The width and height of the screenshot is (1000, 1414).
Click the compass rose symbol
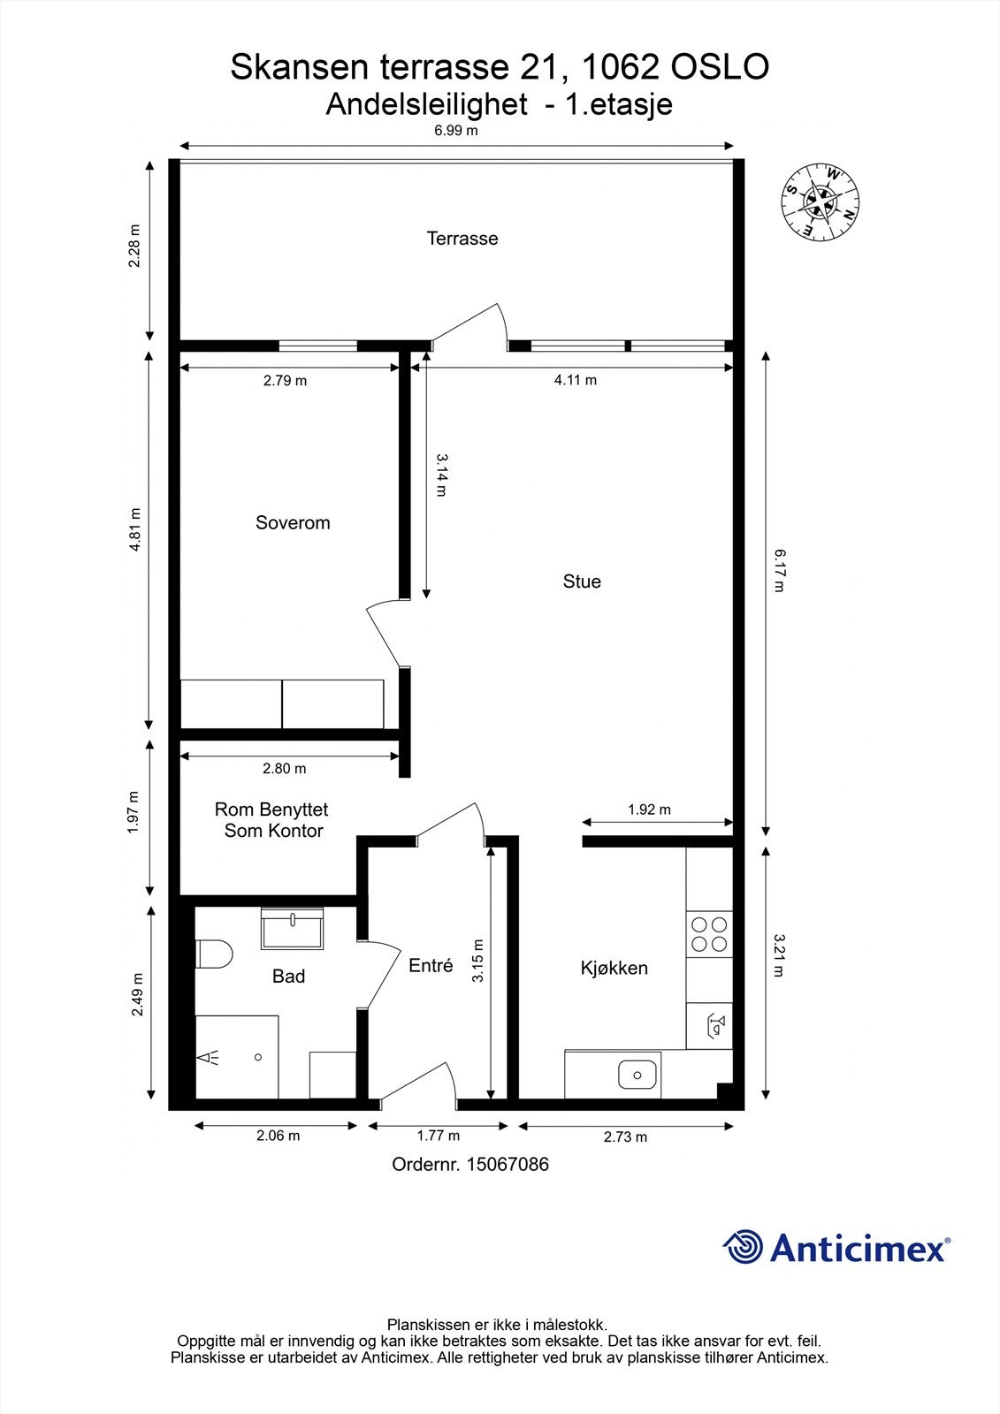click(x=820, y=202)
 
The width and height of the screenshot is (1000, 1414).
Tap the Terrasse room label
click(x=462, y=239)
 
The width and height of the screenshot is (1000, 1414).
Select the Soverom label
click(x=293, y=522)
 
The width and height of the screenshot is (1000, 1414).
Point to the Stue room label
click(x=582, y=582)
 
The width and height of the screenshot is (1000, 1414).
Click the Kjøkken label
click(x=614, y=968)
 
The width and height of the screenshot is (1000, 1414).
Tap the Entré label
click(x=431, y=965)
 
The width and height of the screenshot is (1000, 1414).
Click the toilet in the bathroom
click(x=214, y=954)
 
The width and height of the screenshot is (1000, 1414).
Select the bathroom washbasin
click(x=292, y=928)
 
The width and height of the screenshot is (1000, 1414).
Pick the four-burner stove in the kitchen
click(x=709, y=934)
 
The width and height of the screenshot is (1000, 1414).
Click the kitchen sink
click(x=637, y=1075)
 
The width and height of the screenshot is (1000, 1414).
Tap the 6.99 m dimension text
click(x=455, y=131)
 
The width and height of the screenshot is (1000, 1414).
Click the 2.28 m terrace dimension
click(x=134, y=247)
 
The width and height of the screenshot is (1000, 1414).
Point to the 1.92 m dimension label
click(x=649, y=810)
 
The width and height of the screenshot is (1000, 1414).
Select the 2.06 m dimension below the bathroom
click(x=278, y=1136)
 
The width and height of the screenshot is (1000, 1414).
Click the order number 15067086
click(x=508, y=1165)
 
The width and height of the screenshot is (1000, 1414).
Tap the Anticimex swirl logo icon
click(x=743, y=1247)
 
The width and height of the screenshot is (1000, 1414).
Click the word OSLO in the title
click(x=720, y=67)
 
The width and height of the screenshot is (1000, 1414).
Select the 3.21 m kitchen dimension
click(x=779, y=955)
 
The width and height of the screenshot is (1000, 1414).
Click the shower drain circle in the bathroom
click(x=258, y=1057)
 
